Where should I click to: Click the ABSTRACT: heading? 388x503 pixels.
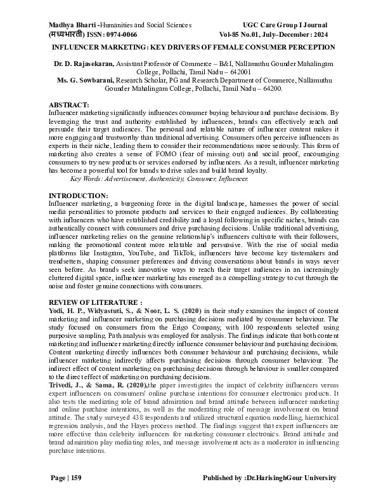coord(69,104)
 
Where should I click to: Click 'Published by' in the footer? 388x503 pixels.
coord(224,478)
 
